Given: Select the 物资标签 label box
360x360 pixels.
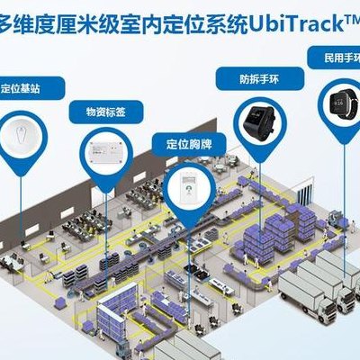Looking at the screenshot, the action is pos(106,112).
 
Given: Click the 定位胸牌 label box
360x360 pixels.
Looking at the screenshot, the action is pos(189,145).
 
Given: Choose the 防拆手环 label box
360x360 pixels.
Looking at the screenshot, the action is pos(260,79).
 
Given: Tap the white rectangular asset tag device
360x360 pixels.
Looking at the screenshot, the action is pos(106,153).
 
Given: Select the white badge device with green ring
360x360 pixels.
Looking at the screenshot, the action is pos(189,188).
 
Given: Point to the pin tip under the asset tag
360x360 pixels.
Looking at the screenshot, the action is pos(105,193).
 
